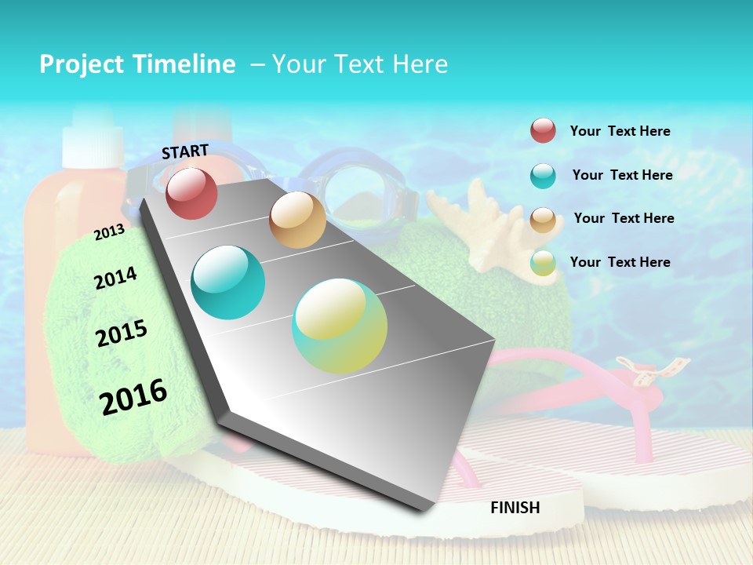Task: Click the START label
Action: [x=185, y=151]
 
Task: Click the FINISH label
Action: [x=515, y=508]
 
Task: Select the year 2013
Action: [x=109, y=232]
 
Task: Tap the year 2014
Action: [x=115, y=278]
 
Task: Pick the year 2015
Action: [x=122, y=334]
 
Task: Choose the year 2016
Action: [x=133, y=397]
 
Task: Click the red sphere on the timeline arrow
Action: [x=191, y=193]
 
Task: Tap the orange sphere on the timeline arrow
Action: [x=297, y=220]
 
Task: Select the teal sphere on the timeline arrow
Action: [x=228, y=282]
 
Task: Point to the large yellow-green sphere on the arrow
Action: [x=340, y=326]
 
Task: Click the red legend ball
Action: [x=543, y=130]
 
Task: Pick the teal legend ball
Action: [x=543, y=176]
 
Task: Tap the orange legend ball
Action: [x=543, y=220]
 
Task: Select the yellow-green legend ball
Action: [x=543, y=263]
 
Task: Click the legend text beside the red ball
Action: [x=620, y=131]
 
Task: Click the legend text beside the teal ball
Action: [x=622, y=175]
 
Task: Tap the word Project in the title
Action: [x=81, y=64]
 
